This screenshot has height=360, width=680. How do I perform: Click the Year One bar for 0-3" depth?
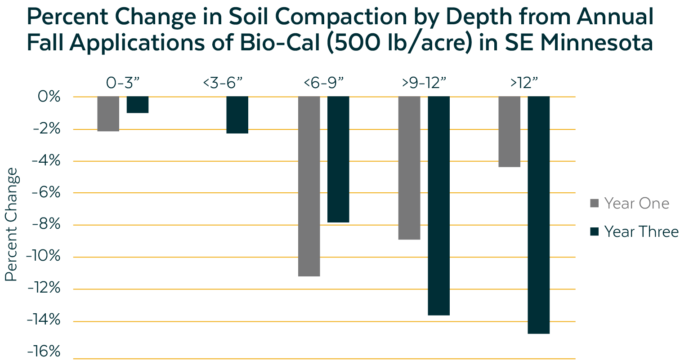point(108,114)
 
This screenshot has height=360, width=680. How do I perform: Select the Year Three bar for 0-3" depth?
point(137,105)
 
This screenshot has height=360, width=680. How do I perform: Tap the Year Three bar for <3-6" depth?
point(237,115)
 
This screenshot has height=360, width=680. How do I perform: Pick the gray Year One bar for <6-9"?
point(309,186)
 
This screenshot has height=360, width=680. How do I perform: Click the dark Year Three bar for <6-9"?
point(338,159)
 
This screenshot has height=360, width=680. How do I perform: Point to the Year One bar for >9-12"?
point(409,168)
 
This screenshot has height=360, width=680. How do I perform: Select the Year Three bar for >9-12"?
point(438,206)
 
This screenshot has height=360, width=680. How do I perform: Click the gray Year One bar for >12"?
point(509,132)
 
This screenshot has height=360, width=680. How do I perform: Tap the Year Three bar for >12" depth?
point(539,215)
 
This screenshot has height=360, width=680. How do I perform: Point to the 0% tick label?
point(48,97)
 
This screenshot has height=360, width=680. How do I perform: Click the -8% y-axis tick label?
point(45,225)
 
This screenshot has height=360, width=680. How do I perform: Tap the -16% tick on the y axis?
point(44,352)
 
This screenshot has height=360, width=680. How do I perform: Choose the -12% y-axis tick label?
point(44,289)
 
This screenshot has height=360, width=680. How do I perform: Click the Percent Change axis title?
point(11,224)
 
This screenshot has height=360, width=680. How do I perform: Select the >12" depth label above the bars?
point(524,84)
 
